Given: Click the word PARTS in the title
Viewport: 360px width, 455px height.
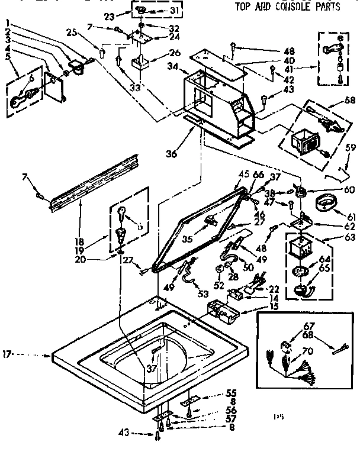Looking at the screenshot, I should [326, 8].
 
